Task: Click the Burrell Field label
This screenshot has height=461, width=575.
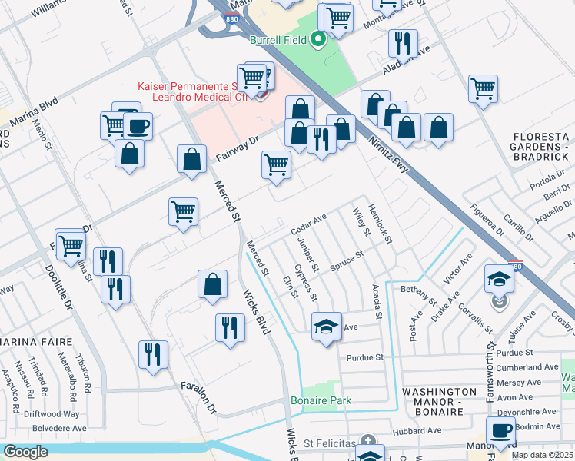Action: (x=276, y=41)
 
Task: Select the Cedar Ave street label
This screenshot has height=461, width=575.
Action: (x=309, y=225)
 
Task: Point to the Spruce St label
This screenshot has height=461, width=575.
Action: (x=346, y=258)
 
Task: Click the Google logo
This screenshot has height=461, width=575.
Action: (x=25, y=452)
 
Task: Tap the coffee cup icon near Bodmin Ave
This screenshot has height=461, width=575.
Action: (x=500, y=432)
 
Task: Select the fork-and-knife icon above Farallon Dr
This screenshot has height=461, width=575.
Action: (x=153, y=354)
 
